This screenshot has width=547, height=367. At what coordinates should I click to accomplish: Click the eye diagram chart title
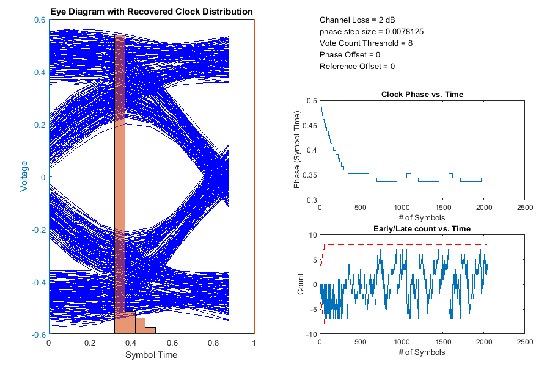click(x=152, y=12)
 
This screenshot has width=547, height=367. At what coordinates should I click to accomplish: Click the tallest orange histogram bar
click(x=120, y=183)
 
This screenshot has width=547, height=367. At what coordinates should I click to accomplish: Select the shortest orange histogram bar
click(x=150, y=330)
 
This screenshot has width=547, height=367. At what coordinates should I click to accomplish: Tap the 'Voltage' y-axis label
click(x=24, y=176)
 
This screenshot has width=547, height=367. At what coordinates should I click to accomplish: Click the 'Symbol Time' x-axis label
click(x=151, y=355)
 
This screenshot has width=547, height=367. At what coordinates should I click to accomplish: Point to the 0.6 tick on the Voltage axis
click(x=41, y=20)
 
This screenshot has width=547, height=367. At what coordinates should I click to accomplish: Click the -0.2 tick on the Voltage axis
click(x=40, y=230)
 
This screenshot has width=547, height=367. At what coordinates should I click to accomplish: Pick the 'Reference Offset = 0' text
click(x=357, y=67)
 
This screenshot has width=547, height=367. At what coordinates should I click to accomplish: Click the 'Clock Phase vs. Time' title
click(x=422, y=94)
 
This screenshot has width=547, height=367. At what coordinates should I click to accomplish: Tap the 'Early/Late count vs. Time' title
click(x=422, y=229)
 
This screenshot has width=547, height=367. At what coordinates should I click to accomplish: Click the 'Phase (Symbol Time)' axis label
click(x=298, y=150)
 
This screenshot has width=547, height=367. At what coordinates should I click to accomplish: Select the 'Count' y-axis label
click(x=300, y=285)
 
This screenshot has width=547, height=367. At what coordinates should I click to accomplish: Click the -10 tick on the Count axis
click(x=311, y=335)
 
